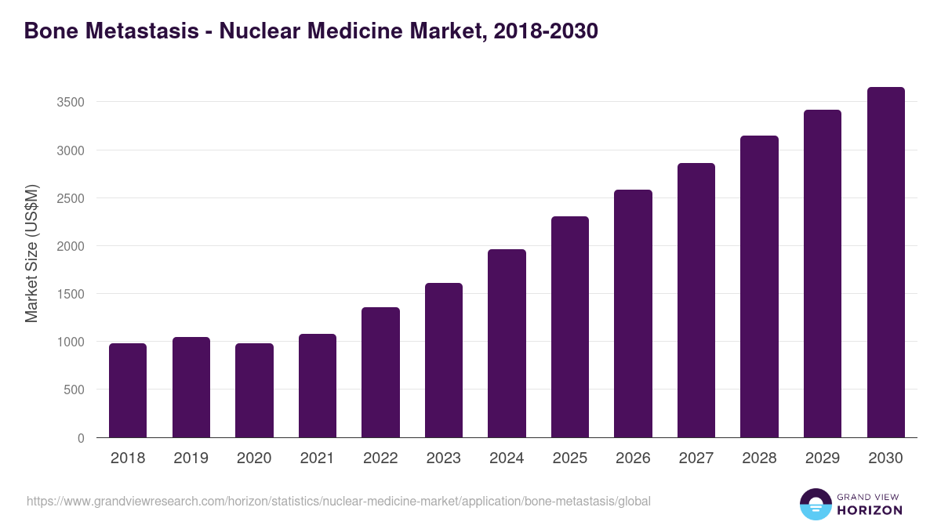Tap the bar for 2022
pos(380,372)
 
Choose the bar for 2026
pos(633,313)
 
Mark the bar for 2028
pos(759,287)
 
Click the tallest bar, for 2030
pos(885,263)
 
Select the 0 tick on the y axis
pos(81,438)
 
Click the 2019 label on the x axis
pos(191,458)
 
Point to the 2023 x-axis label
pos(443,458)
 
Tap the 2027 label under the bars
pos(696,458)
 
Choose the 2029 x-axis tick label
pos(822,458)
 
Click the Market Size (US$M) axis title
pos(32,253)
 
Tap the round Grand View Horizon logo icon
pos(816,504)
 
